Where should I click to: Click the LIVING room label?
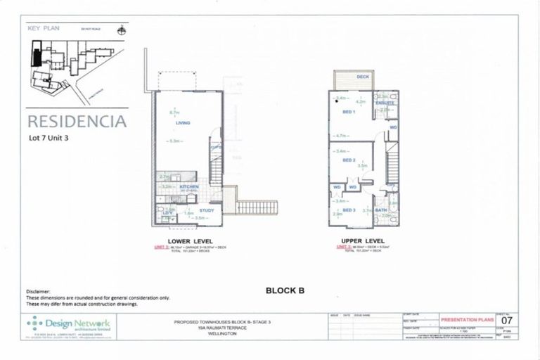point(184,124)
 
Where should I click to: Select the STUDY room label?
point(206,210)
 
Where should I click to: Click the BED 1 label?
point(349,112)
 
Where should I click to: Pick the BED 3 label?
point(349,210)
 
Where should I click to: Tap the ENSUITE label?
point(384,103)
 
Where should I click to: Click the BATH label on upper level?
point(381,210)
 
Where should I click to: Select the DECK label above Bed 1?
point(363,77)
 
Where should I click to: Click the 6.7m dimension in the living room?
point(175,112)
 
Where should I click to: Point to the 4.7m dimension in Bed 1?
point(342,136)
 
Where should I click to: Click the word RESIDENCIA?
point(77,121)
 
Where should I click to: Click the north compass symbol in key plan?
point(122,30)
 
